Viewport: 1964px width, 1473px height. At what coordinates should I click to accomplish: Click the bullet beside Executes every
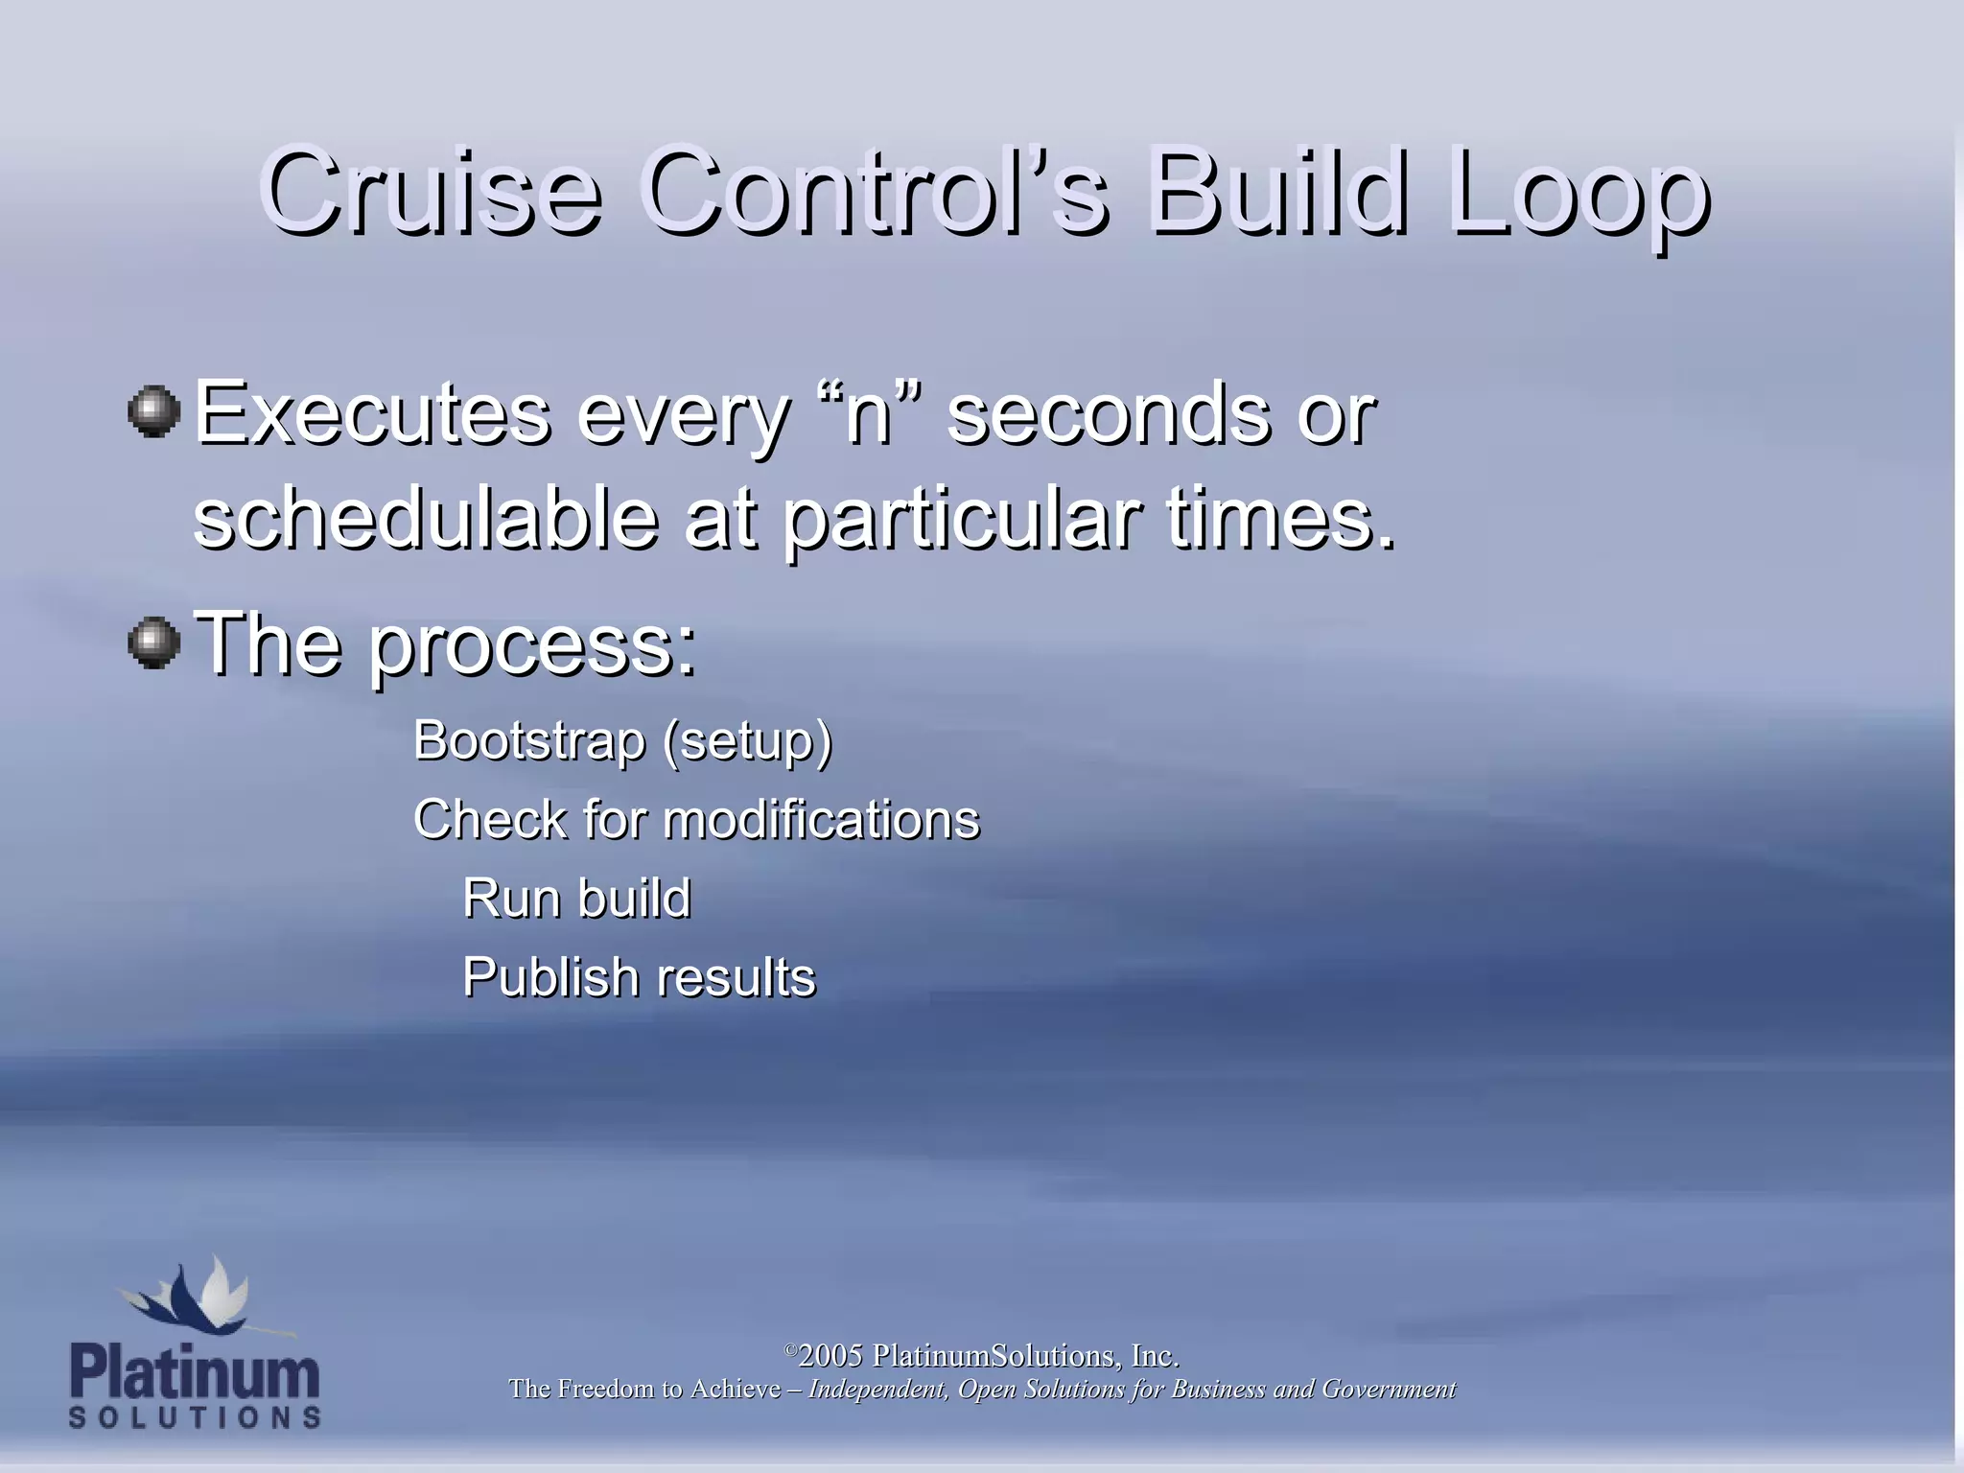(154, 412)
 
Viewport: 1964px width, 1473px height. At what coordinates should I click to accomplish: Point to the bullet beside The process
(154, 643)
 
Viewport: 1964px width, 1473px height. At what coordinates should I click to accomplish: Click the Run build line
(576, 899)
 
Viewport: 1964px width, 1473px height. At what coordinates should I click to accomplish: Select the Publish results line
(639, 977)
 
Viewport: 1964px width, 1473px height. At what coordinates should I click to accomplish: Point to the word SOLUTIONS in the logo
(195, 1417)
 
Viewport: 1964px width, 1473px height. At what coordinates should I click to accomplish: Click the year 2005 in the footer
(830, 1356)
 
